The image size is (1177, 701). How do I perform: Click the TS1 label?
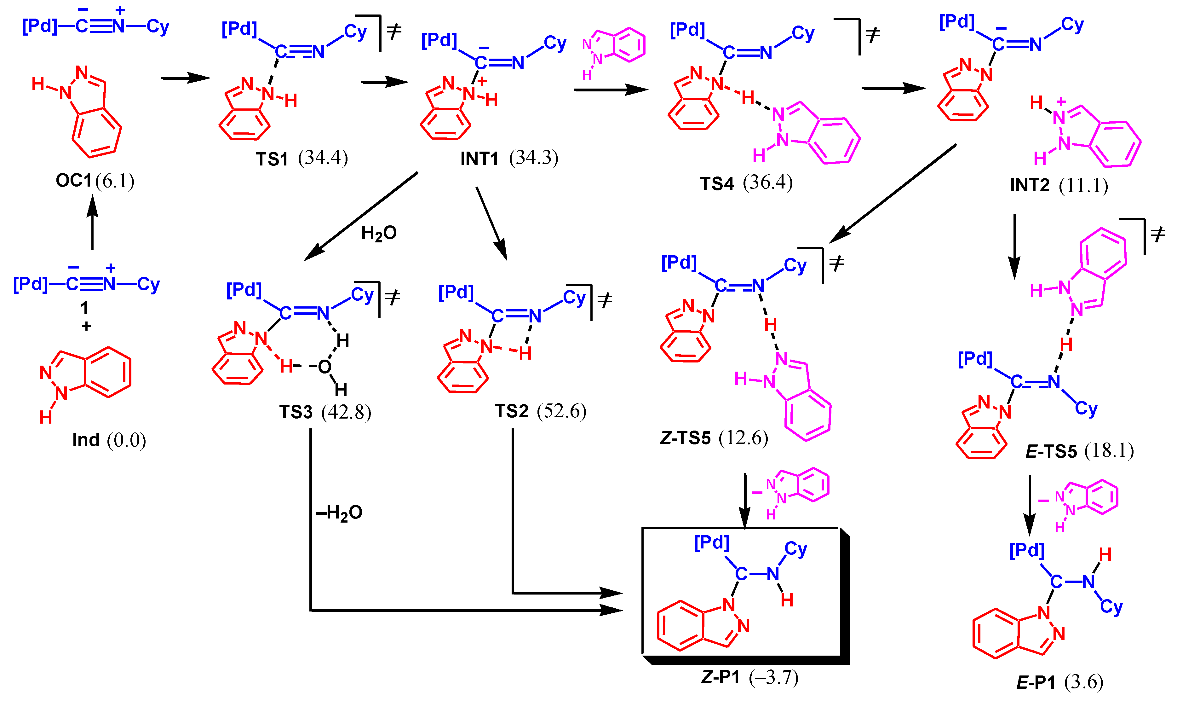click(272, 159)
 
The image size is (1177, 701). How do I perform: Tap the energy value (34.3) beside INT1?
click(533, 158)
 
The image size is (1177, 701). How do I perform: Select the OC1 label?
click(74, 180)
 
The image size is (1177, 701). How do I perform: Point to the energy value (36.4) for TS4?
click(768, 183)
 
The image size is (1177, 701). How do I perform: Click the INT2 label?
click(1030, 185)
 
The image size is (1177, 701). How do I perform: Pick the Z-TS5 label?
click(685, 438)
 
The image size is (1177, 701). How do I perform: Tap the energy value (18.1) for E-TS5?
click(1109, 451)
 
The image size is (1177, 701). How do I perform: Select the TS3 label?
click(296, 412)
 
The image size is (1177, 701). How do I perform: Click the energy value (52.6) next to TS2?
click(562, 411)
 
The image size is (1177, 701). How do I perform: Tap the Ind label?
click(86, 440)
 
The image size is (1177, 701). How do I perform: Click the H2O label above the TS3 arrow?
click(379, 233)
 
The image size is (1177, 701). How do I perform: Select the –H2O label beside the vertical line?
click(339, 513)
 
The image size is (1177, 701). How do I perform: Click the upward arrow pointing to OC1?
click(93, 222)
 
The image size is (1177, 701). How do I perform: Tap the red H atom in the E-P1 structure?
click(1105, 554)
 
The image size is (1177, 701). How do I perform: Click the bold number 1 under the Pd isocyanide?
click(84, 308)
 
